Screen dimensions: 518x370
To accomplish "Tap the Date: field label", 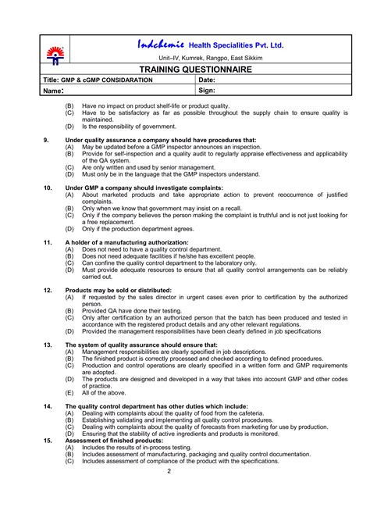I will (x=207, y=80).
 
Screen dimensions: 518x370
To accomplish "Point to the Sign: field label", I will (x=207, y=91).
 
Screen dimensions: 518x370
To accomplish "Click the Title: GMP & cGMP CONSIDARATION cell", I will (x=98, y=80).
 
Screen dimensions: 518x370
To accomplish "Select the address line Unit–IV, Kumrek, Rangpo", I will (x=211, y=58).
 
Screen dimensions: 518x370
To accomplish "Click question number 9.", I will (x=47, y=139).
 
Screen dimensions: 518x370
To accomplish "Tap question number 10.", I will (x=48, y=188).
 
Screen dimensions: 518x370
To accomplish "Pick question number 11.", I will (x=48, y=242).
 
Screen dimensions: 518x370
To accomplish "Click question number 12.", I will (x=48, y=290).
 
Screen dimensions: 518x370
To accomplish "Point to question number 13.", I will (x=48, y=344).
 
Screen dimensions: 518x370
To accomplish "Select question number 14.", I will (x=48, y=406).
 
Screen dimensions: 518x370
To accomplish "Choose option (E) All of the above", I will (x=98, y=393).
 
